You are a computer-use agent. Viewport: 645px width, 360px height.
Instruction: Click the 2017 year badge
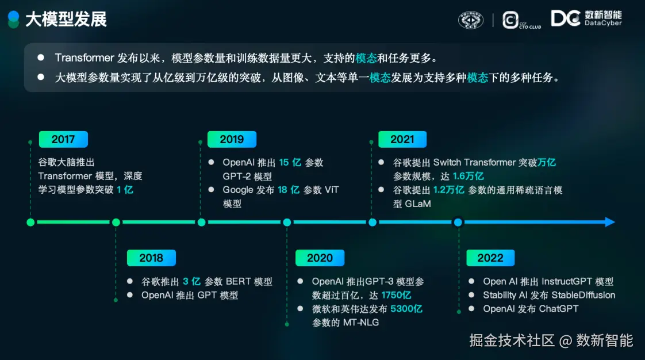[63, 140]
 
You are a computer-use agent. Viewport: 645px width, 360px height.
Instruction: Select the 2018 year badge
[151, 258]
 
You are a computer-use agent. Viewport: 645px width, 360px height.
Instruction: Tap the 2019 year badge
[232, 140]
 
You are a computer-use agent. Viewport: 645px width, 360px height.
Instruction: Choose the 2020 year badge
[320, 258]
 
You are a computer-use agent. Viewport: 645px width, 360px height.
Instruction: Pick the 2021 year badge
[402, 140]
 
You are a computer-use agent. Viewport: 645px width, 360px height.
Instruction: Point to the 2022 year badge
[490, 258]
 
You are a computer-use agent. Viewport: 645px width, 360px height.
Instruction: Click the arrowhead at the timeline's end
[611, 222]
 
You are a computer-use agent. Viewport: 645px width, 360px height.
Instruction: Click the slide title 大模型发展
[66, 20]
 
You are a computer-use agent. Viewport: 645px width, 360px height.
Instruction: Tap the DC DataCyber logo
[586, 18]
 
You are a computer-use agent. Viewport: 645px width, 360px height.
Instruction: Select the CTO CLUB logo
[521, 20]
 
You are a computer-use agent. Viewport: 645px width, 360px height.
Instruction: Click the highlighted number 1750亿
[396, 296]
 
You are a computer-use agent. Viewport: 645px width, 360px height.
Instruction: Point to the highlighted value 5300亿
[406, 309]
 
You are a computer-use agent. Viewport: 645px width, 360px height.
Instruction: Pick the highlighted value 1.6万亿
[468, 176]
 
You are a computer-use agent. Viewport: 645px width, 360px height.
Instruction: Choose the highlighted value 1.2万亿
[449, 190]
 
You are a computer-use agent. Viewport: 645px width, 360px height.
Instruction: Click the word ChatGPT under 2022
[559, 309]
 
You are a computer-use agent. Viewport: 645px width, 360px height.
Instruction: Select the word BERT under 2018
[238, 281]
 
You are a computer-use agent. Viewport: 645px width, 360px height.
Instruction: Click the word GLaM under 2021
[418, 204]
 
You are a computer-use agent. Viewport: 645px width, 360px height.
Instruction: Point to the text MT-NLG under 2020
[361, 323]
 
